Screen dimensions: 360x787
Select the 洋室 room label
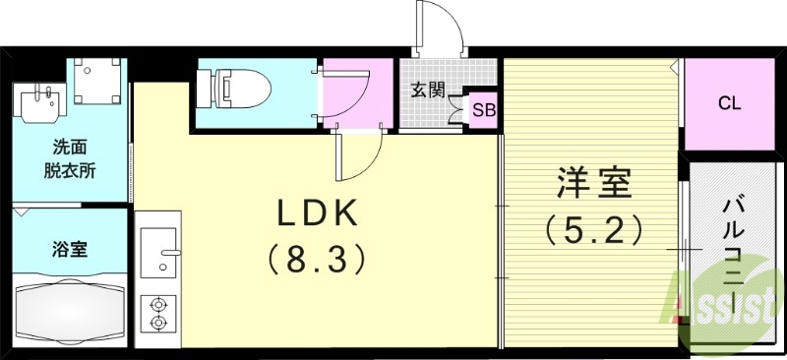coord(592,184)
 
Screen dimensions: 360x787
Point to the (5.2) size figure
coord(593,229)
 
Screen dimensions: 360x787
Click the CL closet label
coord(729,101)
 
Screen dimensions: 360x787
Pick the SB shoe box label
coord(483,109)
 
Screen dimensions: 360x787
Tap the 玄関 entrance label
coord(425,90)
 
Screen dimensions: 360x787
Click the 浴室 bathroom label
coord(70,249)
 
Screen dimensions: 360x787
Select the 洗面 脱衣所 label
coord(70,158)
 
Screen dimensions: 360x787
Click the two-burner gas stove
coord(157,314)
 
